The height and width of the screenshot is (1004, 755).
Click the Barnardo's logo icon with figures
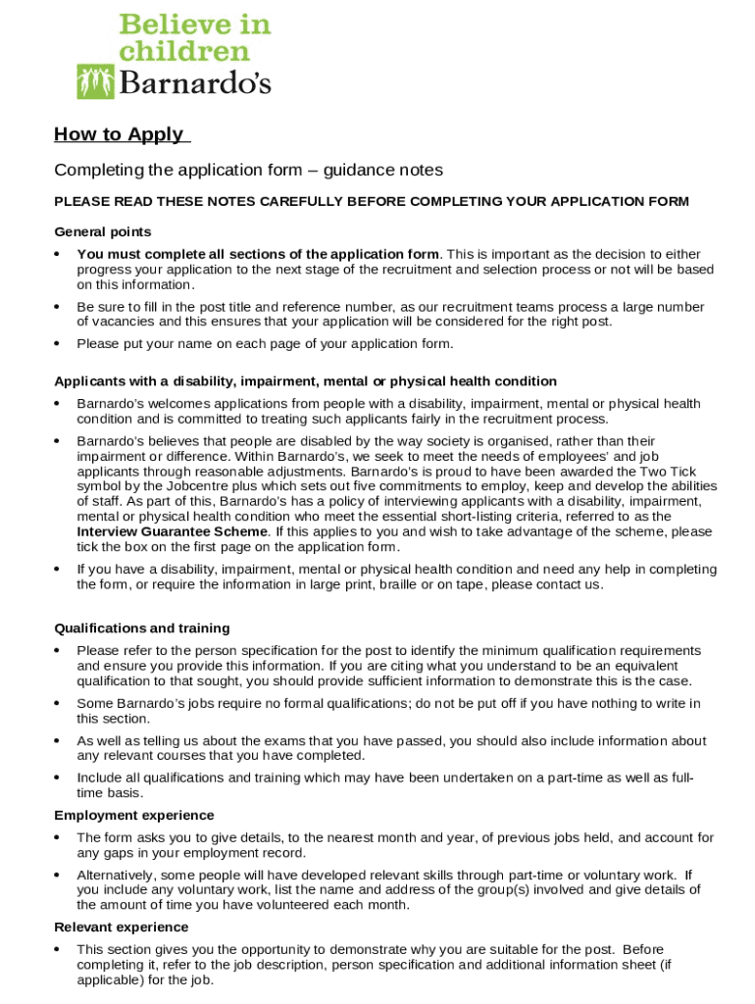(x=96, y=81)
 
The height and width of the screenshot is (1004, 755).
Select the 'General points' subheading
(x=103, y=232)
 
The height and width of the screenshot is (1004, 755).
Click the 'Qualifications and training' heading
(x=142, y=627)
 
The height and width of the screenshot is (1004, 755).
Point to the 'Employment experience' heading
(x=134, y=815)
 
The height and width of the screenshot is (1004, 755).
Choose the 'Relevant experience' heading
(x=122, y=927)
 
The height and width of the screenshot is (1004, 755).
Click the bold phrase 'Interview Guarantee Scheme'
(x=172, y=531)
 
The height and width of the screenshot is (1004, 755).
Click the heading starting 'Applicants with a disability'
(x=305, y=381)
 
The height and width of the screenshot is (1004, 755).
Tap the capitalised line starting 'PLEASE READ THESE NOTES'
(x=372, y=202)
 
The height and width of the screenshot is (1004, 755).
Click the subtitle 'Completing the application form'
(x=248, y=171)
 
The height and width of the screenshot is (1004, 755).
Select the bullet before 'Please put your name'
(x=58, y=344)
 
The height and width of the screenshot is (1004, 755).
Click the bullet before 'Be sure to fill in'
(x=58, y=308)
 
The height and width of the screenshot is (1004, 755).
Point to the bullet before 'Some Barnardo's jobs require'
(x=58, y=704)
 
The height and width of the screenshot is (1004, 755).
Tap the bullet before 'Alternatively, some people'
(x=58, y=876)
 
